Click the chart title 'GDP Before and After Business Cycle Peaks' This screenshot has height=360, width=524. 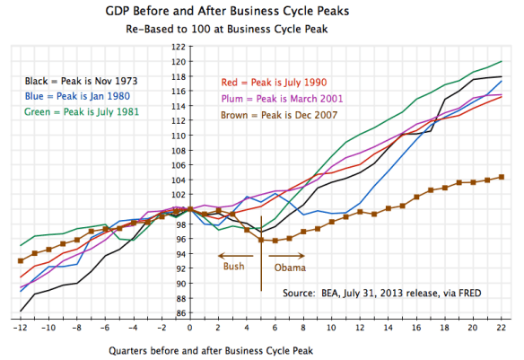(261, 12)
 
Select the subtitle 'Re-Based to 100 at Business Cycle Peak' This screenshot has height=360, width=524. (261, 29)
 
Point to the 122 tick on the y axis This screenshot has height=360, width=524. (179, 47)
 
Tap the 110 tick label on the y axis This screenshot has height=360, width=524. (179, 136)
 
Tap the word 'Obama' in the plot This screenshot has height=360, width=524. (290, 267)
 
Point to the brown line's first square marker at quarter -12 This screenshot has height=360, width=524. (21, 260)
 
